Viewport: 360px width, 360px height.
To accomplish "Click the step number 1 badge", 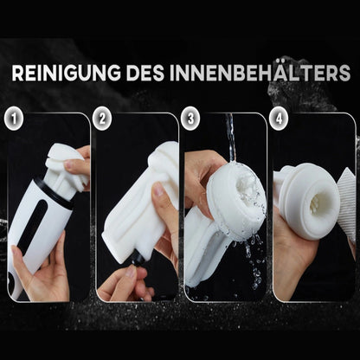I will (13, 117).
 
